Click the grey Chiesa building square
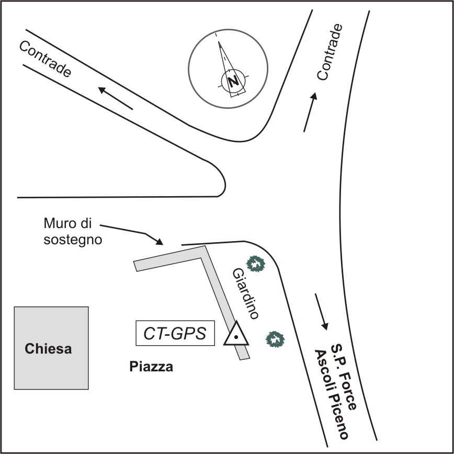[51, 348]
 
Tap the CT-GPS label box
[175, 333]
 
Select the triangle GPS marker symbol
[236, 335]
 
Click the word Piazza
[151, 367]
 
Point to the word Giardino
[245, 293]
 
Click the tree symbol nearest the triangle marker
[275, 339]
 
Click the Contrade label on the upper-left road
[44, 59]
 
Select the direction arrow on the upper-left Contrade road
[115, 98]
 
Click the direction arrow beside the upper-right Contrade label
[310, 112]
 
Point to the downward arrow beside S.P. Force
[322, 312]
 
